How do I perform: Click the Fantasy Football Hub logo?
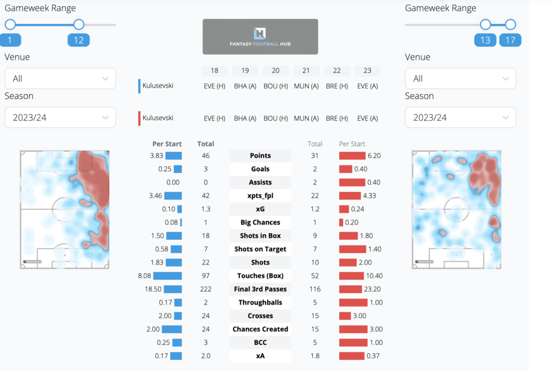coord(260,36)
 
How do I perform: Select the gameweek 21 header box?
coord(306,71)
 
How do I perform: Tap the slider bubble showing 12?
coord(78,40)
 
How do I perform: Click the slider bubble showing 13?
coord(485,40)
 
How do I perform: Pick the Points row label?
coord(260,156)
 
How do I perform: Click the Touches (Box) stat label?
coord(260,276)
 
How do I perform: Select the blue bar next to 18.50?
coord(173,289)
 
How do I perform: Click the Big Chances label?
coord(260,222)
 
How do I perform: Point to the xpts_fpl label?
coord(260,196)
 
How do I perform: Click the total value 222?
coord(206,289)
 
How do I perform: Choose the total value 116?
coord(315,289)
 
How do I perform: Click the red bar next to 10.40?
coord(355,276)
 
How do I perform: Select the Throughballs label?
coord(260,302)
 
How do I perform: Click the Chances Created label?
coord(260,329)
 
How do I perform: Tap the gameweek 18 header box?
coord(214,71)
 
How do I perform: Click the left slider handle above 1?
coord(10,24)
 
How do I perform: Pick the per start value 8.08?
coord(147,276)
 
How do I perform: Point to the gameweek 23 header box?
coord(367,71)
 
